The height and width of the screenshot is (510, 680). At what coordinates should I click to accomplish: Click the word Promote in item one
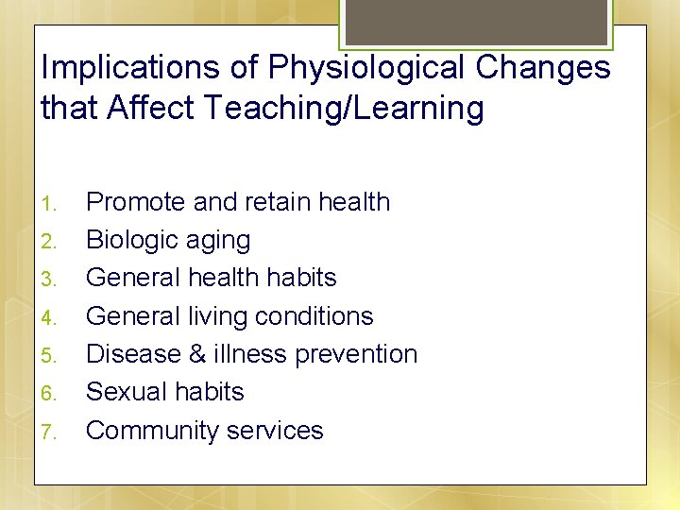135,202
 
